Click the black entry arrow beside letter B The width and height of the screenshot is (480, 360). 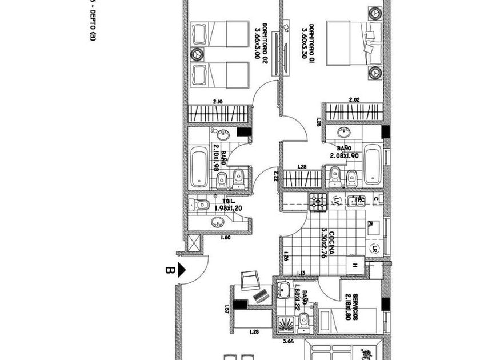coord(183,270)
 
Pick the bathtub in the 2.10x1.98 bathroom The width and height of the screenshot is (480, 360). coord(199,167)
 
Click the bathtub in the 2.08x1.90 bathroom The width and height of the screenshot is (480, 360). coord(373,166)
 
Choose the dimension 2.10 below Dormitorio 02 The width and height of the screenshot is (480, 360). coord(218,102)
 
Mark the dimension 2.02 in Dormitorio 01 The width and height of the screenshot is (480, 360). coord(354,101)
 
